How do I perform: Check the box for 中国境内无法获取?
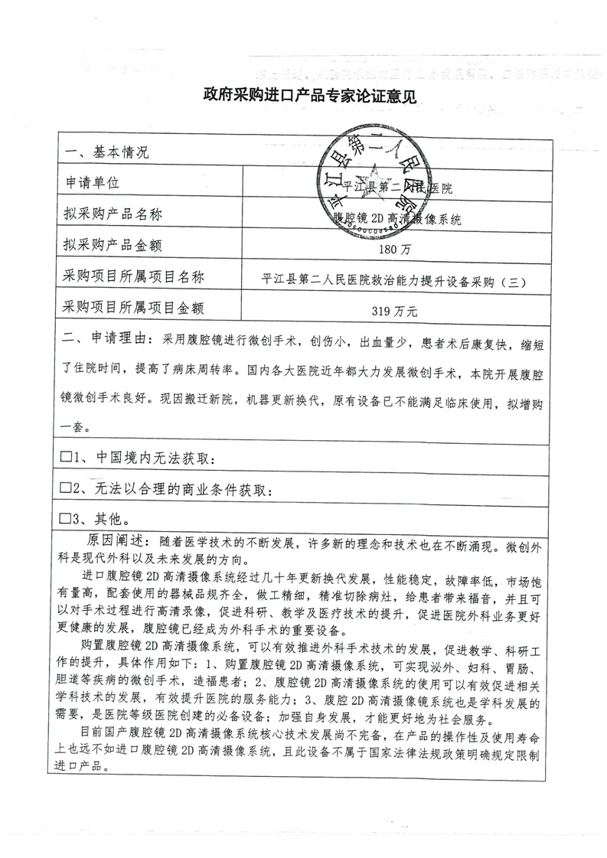[x=66, y=458]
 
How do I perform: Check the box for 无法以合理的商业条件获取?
[x=66, y=488]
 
